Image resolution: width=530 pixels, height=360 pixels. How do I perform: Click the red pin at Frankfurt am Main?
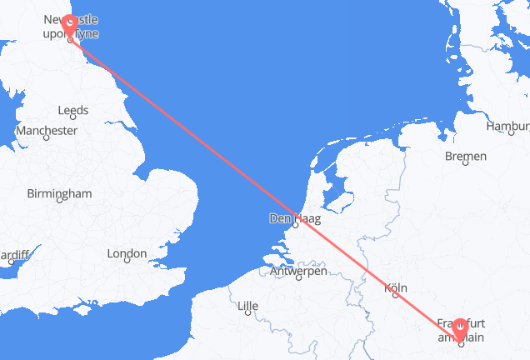coord(460,330)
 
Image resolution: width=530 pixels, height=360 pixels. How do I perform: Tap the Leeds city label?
coord(73,110)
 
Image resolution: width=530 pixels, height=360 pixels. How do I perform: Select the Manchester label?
coord(47,131)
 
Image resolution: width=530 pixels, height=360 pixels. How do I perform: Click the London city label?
coord(127,253)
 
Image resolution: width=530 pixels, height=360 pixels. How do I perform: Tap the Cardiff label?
coord(15,253)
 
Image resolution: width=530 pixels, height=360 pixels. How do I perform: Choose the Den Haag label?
coord(295,220)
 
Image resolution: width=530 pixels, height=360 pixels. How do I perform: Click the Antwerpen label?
coord(297,271)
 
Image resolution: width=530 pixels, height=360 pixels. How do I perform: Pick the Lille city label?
coord(247,307)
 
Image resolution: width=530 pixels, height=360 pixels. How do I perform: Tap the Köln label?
coord(396,288)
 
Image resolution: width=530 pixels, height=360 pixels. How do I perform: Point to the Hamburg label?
coord(510,127)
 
